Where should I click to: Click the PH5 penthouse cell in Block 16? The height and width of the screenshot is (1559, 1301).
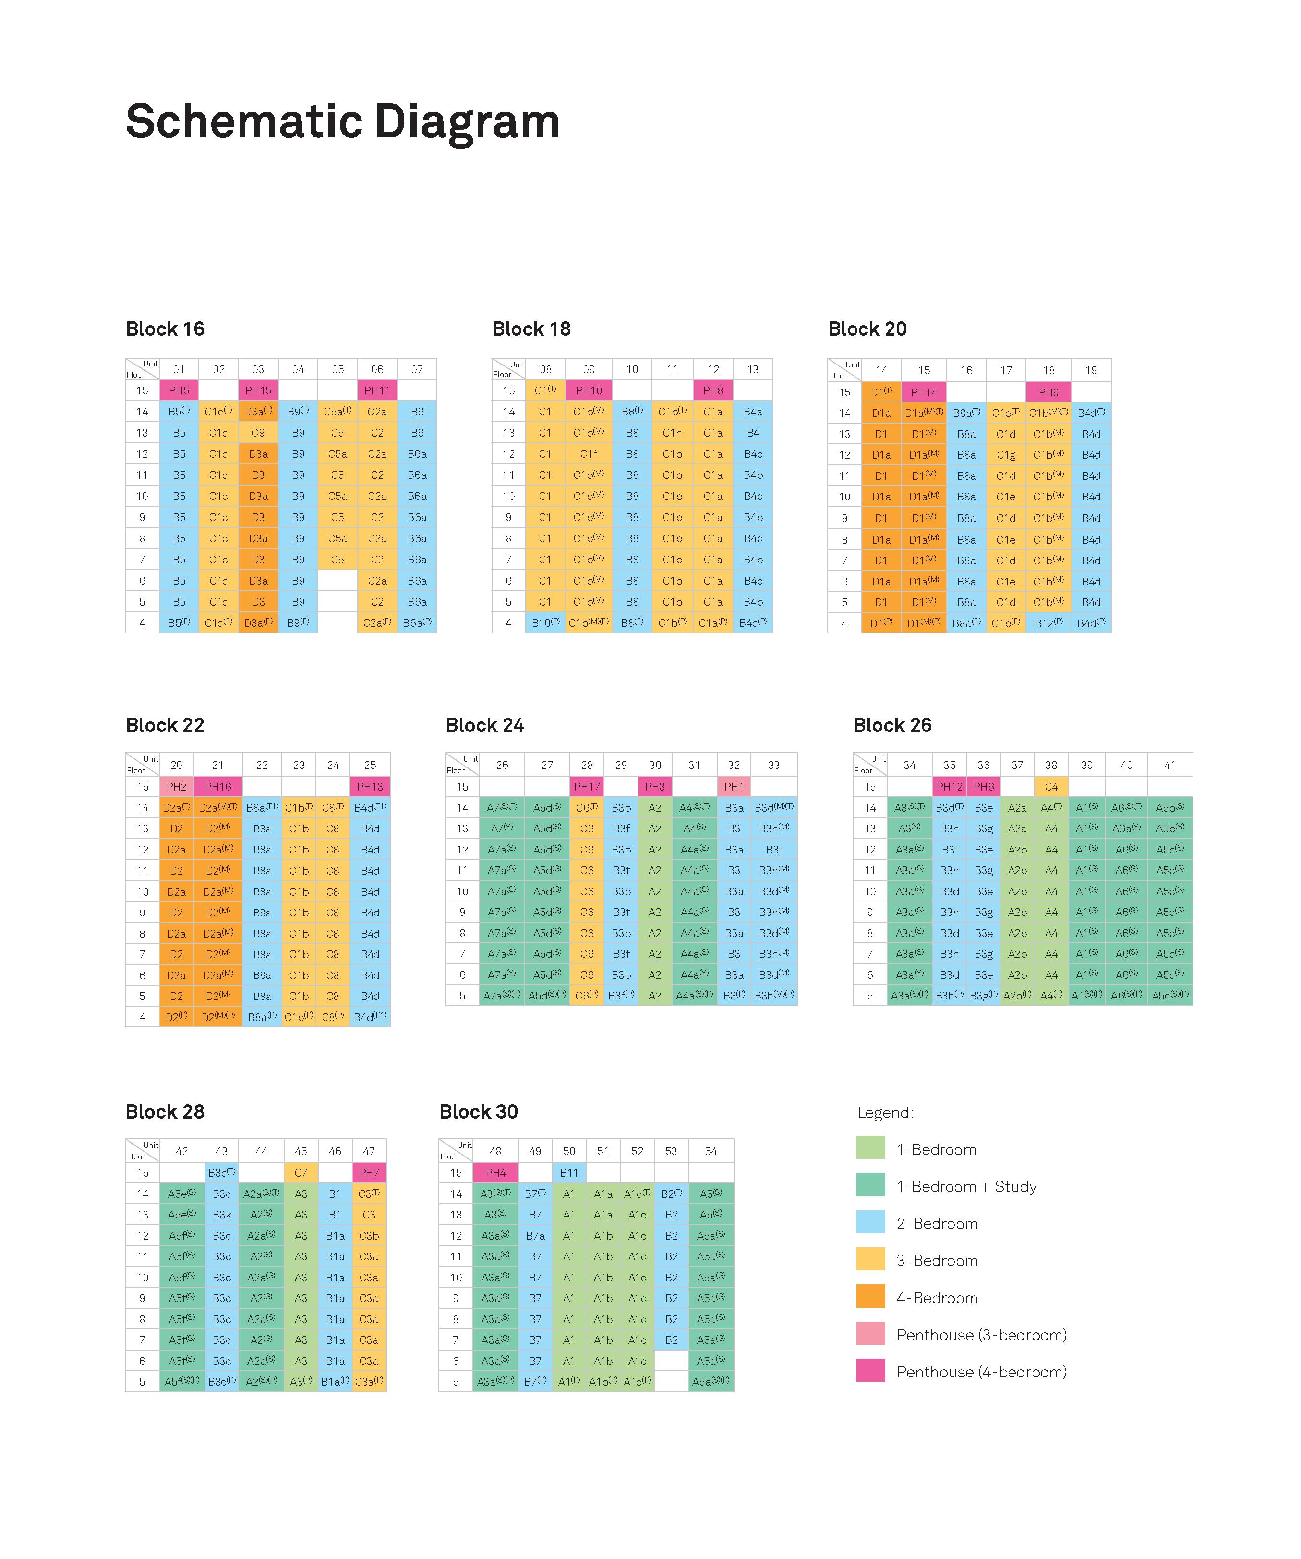click(179, 390)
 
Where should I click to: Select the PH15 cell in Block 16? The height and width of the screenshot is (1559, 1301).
click(258, 390)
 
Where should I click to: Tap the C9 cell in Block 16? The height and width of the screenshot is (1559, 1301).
click(258, 433)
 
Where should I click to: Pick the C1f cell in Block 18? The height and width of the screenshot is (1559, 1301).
click(589, 453)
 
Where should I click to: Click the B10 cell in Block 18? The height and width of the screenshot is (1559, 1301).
click(545, 623)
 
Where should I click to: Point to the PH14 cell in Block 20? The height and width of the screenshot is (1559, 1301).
click(924, 392)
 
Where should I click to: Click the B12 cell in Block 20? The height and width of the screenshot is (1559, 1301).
click(1048, 623)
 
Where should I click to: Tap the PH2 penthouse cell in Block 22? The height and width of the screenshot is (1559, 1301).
click(177, 787)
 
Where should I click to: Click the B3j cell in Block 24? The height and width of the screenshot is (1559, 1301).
click(774, 849)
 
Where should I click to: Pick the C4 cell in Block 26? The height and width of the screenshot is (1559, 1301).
click(1051, 787)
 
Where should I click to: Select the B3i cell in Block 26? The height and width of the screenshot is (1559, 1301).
click(949, 849)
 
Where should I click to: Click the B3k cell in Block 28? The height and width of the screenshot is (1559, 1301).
click(221, 1215)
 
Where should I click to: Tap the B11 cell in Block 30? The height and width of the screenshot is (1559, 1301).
click(569, 1173)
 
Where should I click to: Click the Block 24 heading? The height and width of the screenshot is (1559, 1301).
click(484, 725)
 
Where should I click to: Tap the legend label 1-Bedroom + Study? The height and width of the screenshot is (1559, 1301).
click(966, 1186)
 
